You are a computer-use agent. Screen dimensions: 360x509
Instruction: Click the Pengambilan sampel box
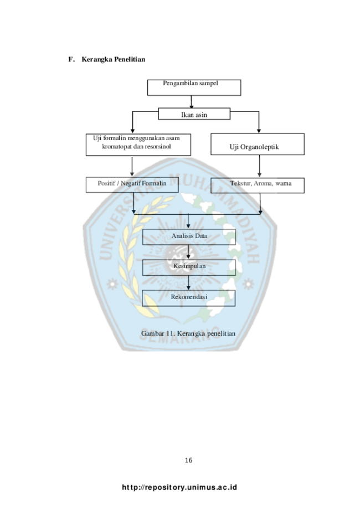[194, 88]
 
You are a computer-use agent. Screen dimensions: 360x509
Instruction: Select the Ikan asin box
[194, 114]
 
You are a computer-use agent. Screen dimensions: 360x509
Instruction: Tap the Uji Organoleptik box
[258, 144]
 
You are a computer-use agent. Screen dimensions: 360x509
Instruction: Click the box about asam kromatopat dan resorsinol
[138, 145]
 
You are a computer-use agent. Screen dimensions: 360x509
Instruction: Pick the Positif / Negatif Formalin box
[132, 184]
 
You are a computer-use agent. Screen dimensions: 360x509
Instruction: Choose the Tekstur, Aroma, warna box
[258, 186]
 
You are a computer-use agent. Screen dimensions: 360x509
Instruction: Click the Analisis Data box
[189, 237]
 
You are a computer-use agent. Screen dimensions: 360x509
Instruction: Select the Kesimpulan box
[189, 268]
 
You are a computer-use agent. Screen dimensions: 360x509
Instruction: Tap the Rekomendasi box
[189, 298]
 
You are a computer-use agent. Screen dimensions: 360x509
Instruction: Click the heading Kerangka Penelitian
[114, 59]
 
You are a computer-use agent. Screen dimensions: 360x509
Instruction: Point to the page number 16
[189, 460]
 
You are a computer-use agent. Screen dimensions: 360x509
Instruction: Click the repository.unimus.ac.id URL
[179, 487]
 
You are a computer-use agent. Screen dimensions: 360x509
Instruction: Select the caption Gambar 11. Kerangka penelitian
[188, 333]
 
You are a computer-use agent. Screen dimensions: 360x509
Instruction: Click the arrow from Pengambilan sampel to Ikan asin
[191, 102]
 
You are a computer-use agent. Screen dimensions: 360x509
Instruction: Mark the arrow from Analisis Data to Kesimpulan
[188, 252]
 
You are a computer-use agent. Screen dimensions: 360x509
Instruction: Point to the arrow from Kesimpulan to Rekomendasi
[188, 282]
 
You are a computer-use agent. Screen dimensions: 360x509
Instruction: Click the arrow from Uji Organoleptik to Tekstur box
[259, 166]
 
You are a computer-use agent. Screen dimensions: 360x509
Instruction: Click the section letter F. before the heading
[71, 59]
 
